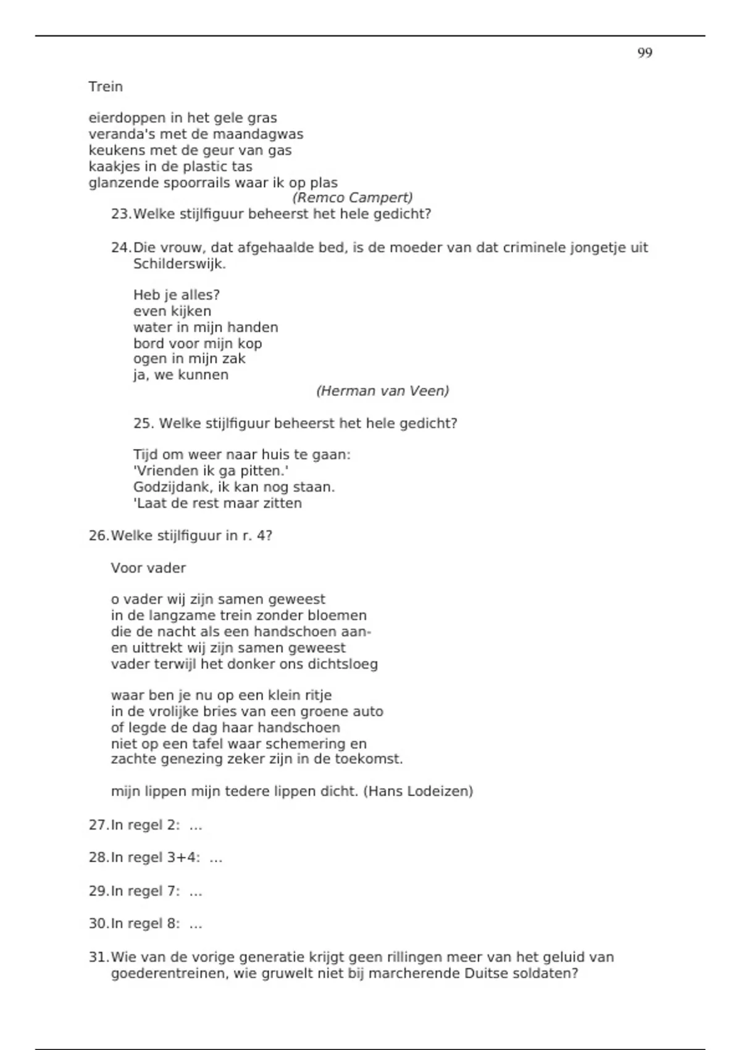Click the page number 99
(644, 53)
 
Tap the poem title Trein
(106, 86)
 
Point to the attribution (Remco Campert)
(352, 198)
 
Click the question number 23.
(120, 214)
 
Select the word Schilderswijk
(179, 264)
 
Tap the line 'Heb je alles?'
(177, 295)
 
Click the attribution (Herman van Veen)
(382, 391)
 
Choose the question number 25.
(143, 424)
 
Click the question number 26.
(98, 535)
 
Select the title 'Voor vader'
(148, 568)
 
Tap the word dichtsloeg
(343, 665)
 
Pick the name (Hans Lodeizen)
(418, 791)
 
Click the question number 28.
(98, 858)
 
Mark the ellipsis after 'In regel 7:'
(196, 891)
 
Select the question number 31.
(98, 958)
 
